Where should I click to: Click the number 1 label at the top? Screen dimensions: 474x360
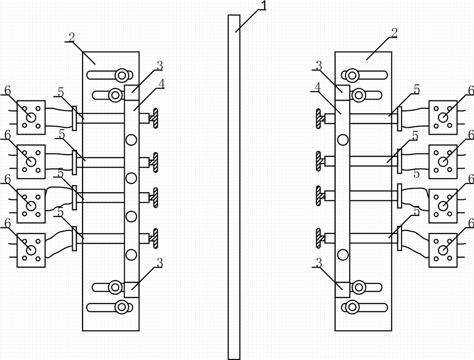tap(264, 5)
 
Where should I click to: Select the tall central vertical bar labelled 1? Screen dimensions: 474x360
tap(234, 187)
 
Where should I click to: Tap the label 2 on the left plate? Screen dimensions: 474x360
tap(72, 37)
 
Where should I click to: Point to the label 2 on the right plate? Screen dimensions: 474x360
tap(394, 33)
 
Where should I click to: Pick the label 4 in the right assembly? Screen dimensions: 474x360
tap(317, 87)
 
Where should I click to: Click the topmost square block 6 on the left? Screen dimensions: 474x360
tap(31, 117)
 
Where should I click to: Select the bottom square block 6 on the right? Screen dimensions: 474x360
tap(443, 251)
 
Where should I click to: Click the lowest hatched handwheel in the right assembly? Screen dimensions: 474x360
tap(319, 238)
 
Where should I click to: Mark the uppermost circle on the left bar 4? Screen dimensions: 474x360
tap(131, 140)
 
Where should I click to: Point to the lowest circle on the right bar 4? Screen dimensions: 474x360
tap(343, 255)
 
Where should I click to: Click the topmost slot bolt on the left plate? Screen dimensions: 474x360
tap(122, 74)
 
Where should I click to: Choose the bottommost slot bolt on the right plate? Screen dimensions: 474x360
tap(352, 307)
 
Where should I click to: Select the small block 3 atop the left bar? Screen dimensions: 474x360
tap(131, 93)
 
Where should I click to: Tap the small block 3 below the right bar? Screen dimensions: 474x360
tap(343, 289)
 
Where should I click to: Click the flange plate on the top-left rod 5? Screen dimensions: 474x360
tap(74, 118)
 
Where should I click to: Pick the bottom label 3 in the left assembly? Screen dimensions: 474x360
tap(160, 263)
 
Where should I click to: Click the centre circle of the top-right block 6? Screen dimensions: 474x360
tap(443, 117)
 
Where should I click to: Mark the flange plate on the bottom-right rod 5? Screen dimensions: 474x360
tap(399, 238)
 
